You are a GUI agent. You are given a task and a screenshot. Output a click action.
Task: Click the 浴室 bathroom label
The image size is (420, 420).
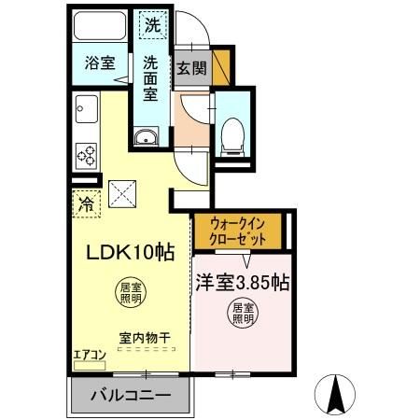click(x=100, y=63)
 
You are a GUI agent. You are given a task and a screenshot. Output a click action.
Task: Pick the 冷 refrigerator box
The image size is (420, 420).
click(x=86, y=203)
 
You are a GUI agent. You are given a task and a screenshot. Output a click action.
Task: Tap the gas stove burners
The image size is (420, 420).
click(x=86, y=153)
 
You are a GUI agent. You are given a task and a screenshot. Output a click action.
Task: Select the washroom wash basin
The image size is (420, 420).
click(x=147, y=140)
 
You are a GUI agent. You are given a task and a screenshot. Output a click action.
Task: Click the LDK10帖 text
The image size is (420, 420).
click(x=131, y=252)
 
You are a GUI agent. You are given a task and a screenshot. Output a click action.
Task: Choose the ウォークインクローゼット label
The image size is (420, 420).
click(x=239, y=231)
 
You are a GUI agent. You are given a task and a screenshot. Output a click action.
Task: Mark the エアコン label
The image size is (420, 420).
click(x=91, y=356)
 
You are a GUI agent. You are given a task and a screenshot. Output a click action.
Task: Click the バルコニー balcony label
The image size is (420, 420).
click(x=130, y=396)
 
